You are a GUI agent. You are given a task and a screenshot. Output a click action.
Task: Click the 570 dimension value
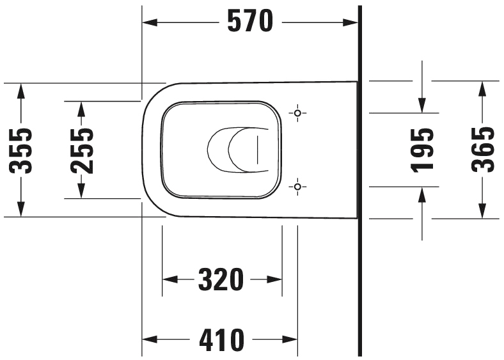[x=250, y=21]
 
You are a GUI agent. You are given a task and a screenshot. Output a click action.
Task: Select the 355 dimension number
[x=21, y=151]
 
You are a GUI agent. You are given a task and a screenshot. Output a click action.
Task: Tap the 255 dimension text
[x=82, y=151]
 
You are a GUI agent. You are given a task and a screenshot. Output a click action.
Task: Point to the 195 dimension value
[x=422, y=150]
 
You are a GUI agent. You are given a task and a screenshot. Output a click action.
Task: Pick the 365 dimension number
[x=482, y=150]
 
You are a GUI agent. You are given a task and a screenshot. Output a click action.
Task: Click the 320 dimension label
[x=221, y=279]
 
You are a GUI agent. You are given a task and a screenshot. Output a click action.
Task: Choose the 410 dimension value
[x=222, y=340]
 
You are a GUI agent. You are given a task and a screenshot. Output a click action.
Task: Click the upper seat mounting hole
[x=297, y=113]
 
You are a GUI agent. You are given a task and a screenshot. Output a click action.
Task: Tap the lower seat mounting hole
[x=297, y=187]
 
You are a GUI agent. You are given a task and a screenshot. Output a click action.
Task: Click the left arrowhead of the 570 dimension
[x=150, y=22]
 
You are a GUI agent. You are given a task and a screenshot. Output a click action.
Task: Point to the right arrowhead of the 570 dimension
[x=350, y=22]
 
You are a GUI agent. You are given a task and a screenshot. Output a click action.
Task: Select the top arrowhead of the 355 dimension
[x=21, y=91]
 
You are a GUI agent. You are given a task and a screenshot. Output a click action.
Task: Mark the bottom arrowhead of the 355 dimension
[x=21, y=209]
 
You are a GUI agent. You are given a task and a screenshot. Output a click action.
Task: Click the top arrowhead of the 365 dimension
[x=482, y=89]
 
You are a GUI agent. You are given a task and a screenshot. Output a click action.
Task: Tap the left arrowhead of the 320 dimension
[x=170, y=279]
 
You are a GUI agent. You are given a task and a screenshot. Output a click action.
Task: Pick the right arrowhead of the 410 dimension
[x=290, y=339]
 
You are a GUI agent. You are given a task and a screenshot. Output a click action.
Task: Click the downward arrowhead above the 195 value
[x=422, y=105]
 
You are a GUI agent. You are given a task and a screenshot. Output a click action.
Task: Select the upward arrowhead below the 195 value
[x=422, y=194]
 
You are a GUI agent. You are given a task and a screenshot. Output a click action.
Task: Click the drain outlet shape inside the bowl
[x=238, y=150]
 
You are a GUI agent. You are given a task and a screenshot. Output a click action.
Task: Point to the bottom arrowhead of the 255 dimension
[x=81, y=191]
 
